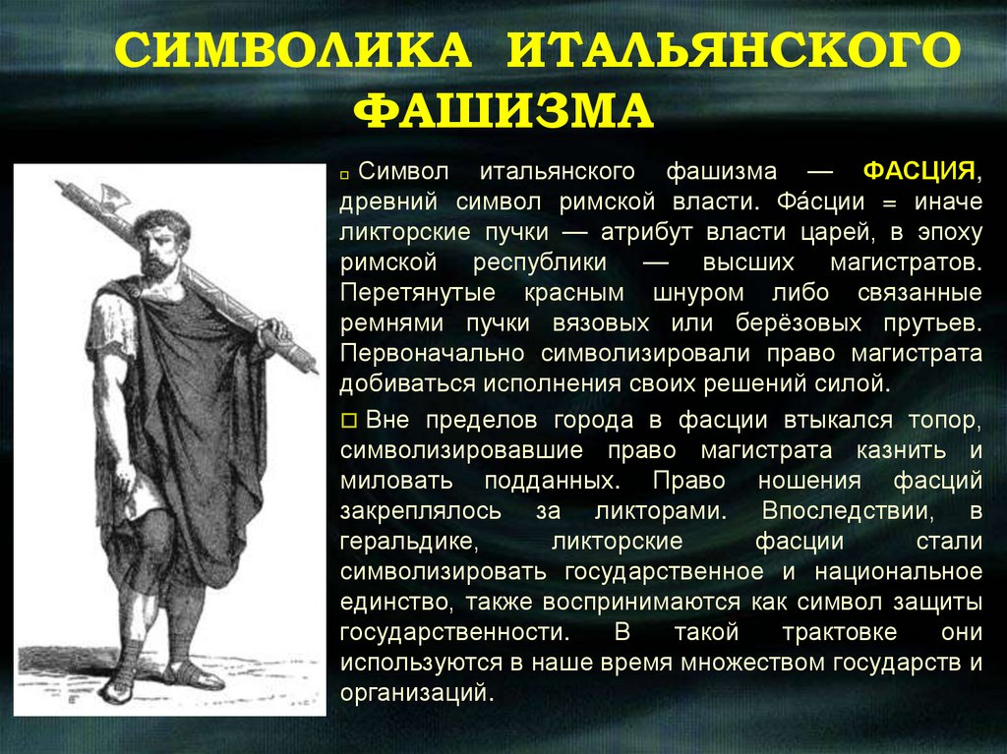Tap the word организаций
414,692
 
